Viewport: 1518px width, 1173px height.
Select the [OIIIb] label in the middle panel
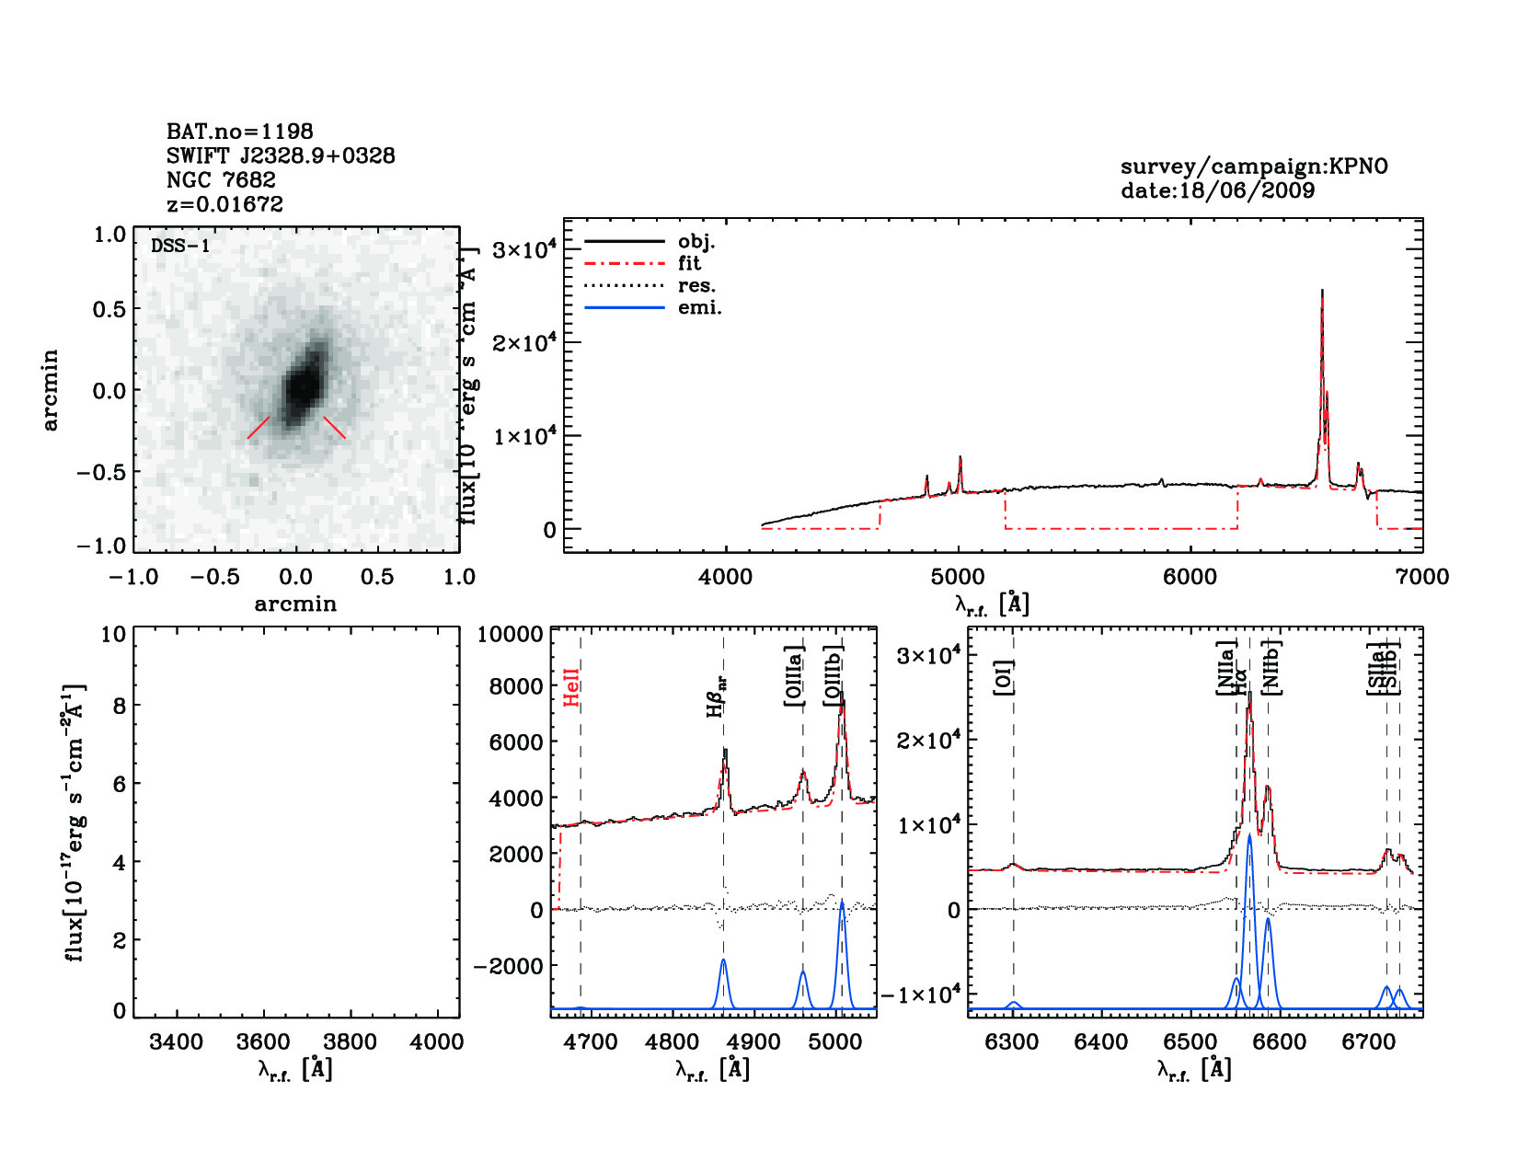coord(834,676)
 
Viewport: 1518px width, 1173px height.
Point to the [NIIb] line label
coord(1272,666)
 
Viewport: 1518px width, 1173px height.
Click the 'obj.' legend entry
coord(696,242)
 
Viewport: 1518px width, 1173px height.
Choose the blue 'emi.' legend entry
coord(699,308)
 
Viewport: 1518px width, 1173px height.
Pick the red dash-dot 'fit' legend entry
coord(689,264)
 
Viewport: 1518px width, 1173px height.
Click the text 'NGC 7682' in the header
coord(221,180)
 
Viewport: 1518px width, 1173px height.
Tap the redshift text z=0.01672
coord(224,204)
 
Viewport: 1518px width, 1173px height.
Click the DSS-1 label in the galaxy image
coord(180,246)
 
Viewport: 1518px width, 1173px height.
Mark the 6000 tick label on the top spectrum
coord(1190,577)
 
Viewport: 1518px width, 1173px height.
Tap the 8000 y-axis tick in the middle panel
coord(515,686)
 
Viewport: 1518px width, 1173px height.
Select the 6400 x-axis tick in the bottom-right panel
coord(1101,1042)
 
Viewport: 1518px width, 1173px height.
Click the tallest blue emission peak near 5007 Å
coord(842,904)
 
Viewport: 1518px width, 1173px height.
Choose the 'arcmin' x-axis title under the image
coord(295,604)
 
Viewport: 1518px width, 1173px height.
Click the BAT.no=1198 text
coord(239,132)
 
